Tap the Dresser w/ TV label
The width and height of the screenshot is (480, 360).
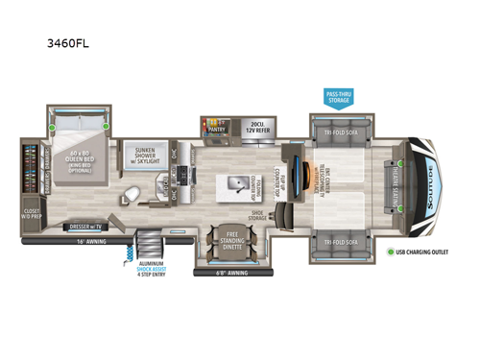[84, 227]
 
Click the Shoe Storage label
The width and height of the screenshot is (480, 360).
[258, 215]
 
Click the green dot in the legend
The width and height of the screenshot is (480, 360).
[390, 252]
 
